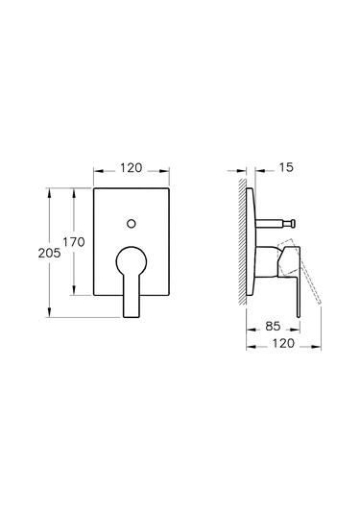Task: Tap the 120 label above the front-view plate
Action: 132,167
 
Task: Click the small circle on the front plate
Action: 132,224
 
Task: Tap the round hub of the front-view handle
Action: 132,260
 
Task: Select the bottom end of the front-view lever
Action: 132,313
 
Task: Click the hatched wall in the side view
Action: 243,240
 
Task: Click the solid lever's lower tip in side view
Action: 300,309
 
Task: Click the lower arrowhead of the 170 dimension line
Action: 76,293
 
